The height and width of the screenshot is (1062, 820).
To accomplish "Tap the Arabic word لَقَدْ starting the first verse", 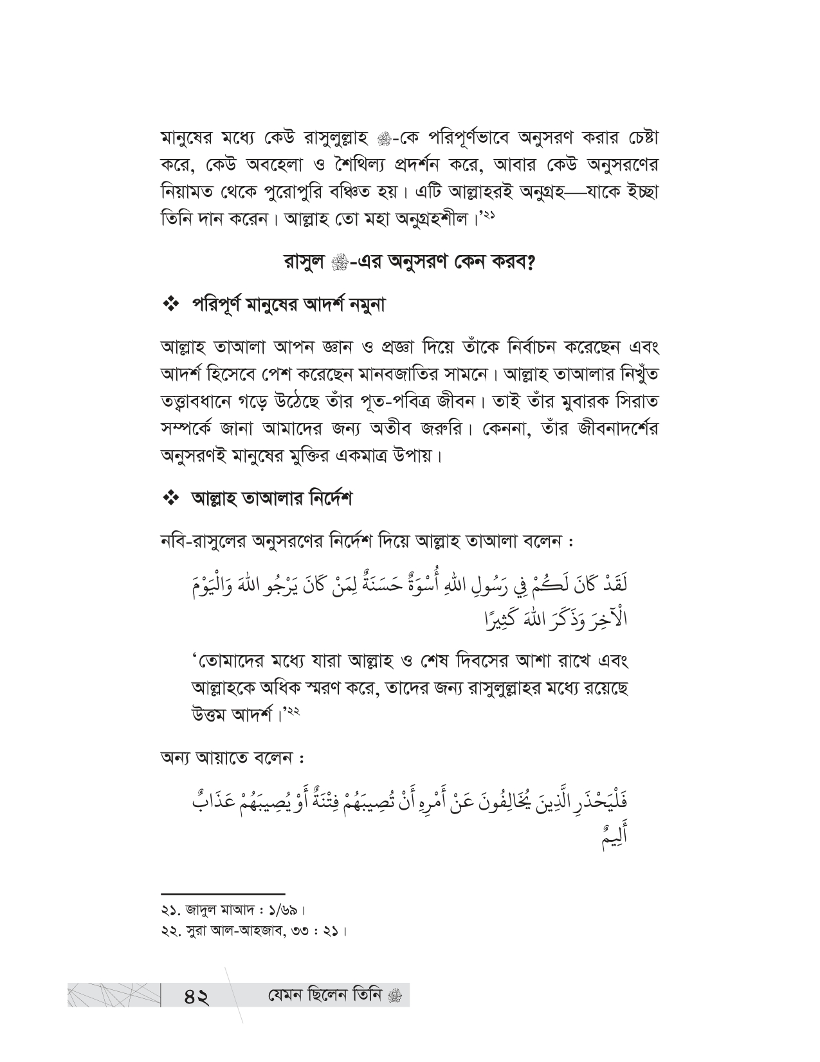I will click(612, 590).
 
